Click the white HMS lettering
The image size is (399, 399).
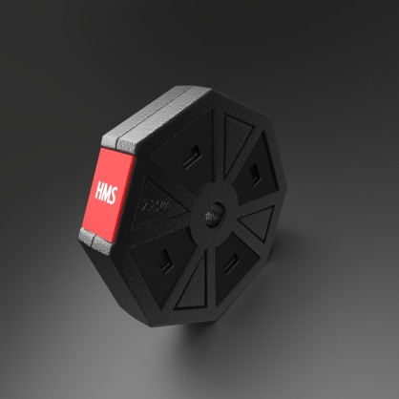[x=106, y=191]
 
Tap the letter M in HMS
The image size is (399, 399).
[x=106, y=191]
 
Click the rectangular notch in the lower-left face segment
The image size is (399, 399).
[x=170, y=255]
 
